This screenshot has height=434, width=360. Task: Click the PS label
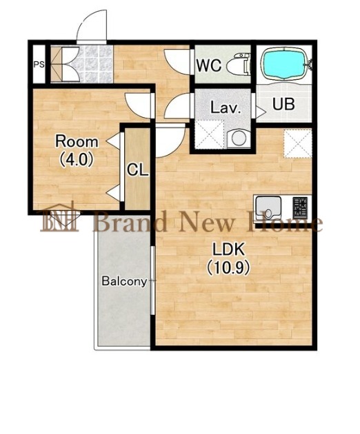(39, 65)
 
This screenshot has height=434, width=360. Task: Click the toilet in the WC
(238, 64)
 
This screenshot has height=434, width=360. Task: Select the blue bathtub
(284, 63)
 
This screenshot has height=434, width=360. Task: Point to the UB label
(283, 104)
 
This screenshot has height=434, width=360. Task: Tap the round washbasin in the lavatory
(238, 138)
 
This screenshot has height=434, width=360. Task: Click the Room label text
(77, 142)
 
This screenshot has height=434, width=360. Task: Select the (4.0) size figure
(76, 160)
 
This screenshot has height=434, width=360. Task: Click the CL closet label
(138, 169)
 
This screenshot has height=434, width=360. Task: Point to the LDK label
(229, 249)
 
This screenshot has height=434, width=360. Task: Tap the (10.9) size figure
(229, 267)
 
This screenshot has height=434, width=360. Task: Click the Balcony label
(124, 281)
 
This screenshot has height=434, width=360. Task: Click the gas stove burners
(301, 206)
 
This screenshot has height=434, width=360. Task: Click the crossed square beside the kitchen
(298, 144)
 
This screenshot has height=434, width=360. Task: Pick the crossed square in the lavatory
(209, 134)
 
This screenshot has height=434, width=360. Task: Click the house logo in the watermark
(60, 218)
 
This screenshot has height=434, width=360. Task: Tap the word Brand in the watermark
(130, 220)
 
